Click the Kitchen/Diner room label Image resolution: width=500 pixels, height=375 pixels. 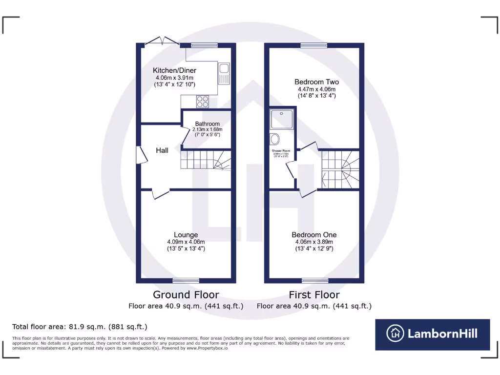click(x=174, y=70)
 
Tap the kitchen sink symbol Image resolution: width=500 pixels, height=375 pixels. click(x=224, y=74)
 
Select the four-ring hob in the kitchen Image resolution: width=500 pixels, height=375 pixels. click(x=202, y=102)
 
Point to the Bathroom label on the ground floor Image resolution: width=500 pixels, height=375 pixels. click(x=208, y=124)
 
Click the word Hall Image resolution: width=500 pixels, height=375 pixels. click(x=162, y=150)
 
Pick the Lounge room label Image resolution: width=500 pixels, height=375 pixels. click(x=186, y=235)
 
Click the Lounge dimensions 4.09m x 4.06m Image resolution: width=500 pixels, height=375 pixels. click(x=186, y=242)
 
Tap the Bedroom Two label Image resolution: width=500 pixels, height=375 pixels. click(x=316, y=82)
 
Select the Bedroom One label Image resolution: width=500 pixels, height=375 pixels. click(x=314, y=235)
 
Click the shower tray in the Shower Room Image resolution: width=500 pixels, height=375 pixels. click(x=281, y=119)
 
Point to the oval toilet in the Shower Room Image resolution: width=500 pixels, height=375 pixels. click(x=275, y=139)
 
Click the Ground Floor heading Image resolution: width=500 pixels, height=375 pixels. click(x=186, y=294)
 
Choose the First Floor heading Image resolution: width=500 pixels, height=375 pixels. click(x=314, y=294)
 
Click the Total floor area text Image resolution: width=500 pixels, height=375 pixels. click(x=80, y=327)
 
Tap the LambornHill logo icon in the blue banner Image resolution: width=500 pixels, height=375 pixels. click(x=396, y=334)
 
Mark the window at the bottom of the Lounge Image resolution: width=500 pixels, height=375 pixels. click(x=186, y=281)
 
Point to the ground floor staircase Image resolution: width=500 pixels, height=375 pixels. click(x=205, y=160)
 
